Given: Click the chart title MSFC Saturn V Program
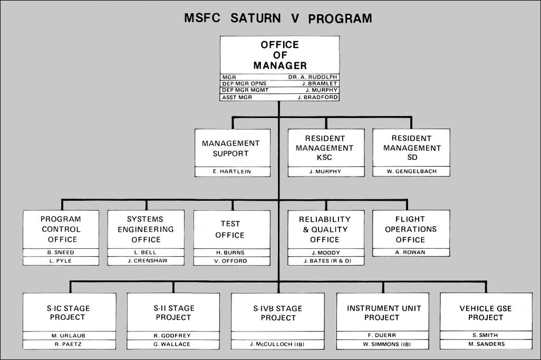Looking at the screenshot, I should pos(278,18).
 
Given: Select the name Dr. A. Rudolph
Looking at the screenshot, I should pos(312,77).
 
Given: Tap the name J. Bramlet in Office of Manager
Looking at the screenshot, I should pos(319,84).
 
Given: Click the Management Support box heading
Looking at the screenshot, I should pos(230,148).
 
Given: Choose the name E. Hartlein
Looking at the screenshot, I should pos(230,171).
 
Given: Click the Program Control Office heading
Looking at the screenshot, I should pos(61,229).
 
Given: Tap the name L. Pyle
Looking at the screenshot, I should pos(61,261).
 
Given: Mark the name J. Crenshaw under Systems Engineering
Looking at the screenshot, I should pos(146,261).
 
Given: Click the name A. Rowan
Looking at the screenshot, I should pos(410,252).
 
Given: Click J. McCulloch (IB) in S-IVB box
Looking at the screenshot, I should pos(277,344).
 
